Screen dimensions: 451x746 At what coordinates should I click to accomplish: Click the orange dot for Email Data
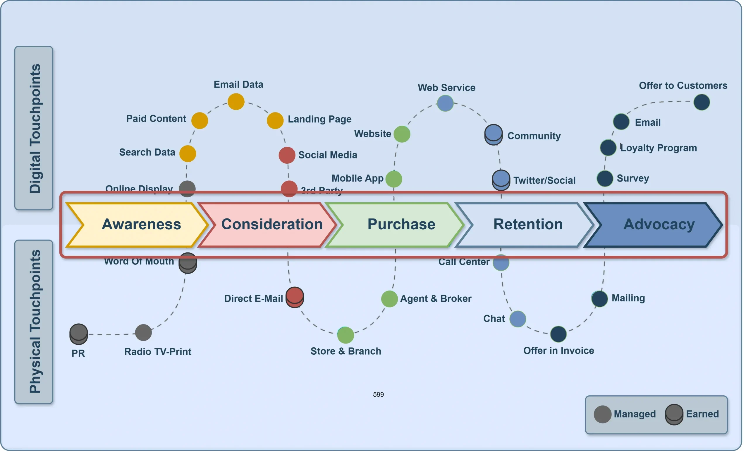click(x=236, y=102)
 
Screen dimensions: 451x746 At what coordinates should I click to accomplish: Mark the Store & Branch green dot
click(x=346, y=335)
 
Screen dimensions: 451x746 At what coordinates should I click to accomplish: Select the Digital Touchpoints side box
click(x=34, y=128)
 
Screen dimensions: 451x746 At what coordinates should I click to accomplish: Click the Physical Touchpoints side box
click(x=34, y=322)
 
